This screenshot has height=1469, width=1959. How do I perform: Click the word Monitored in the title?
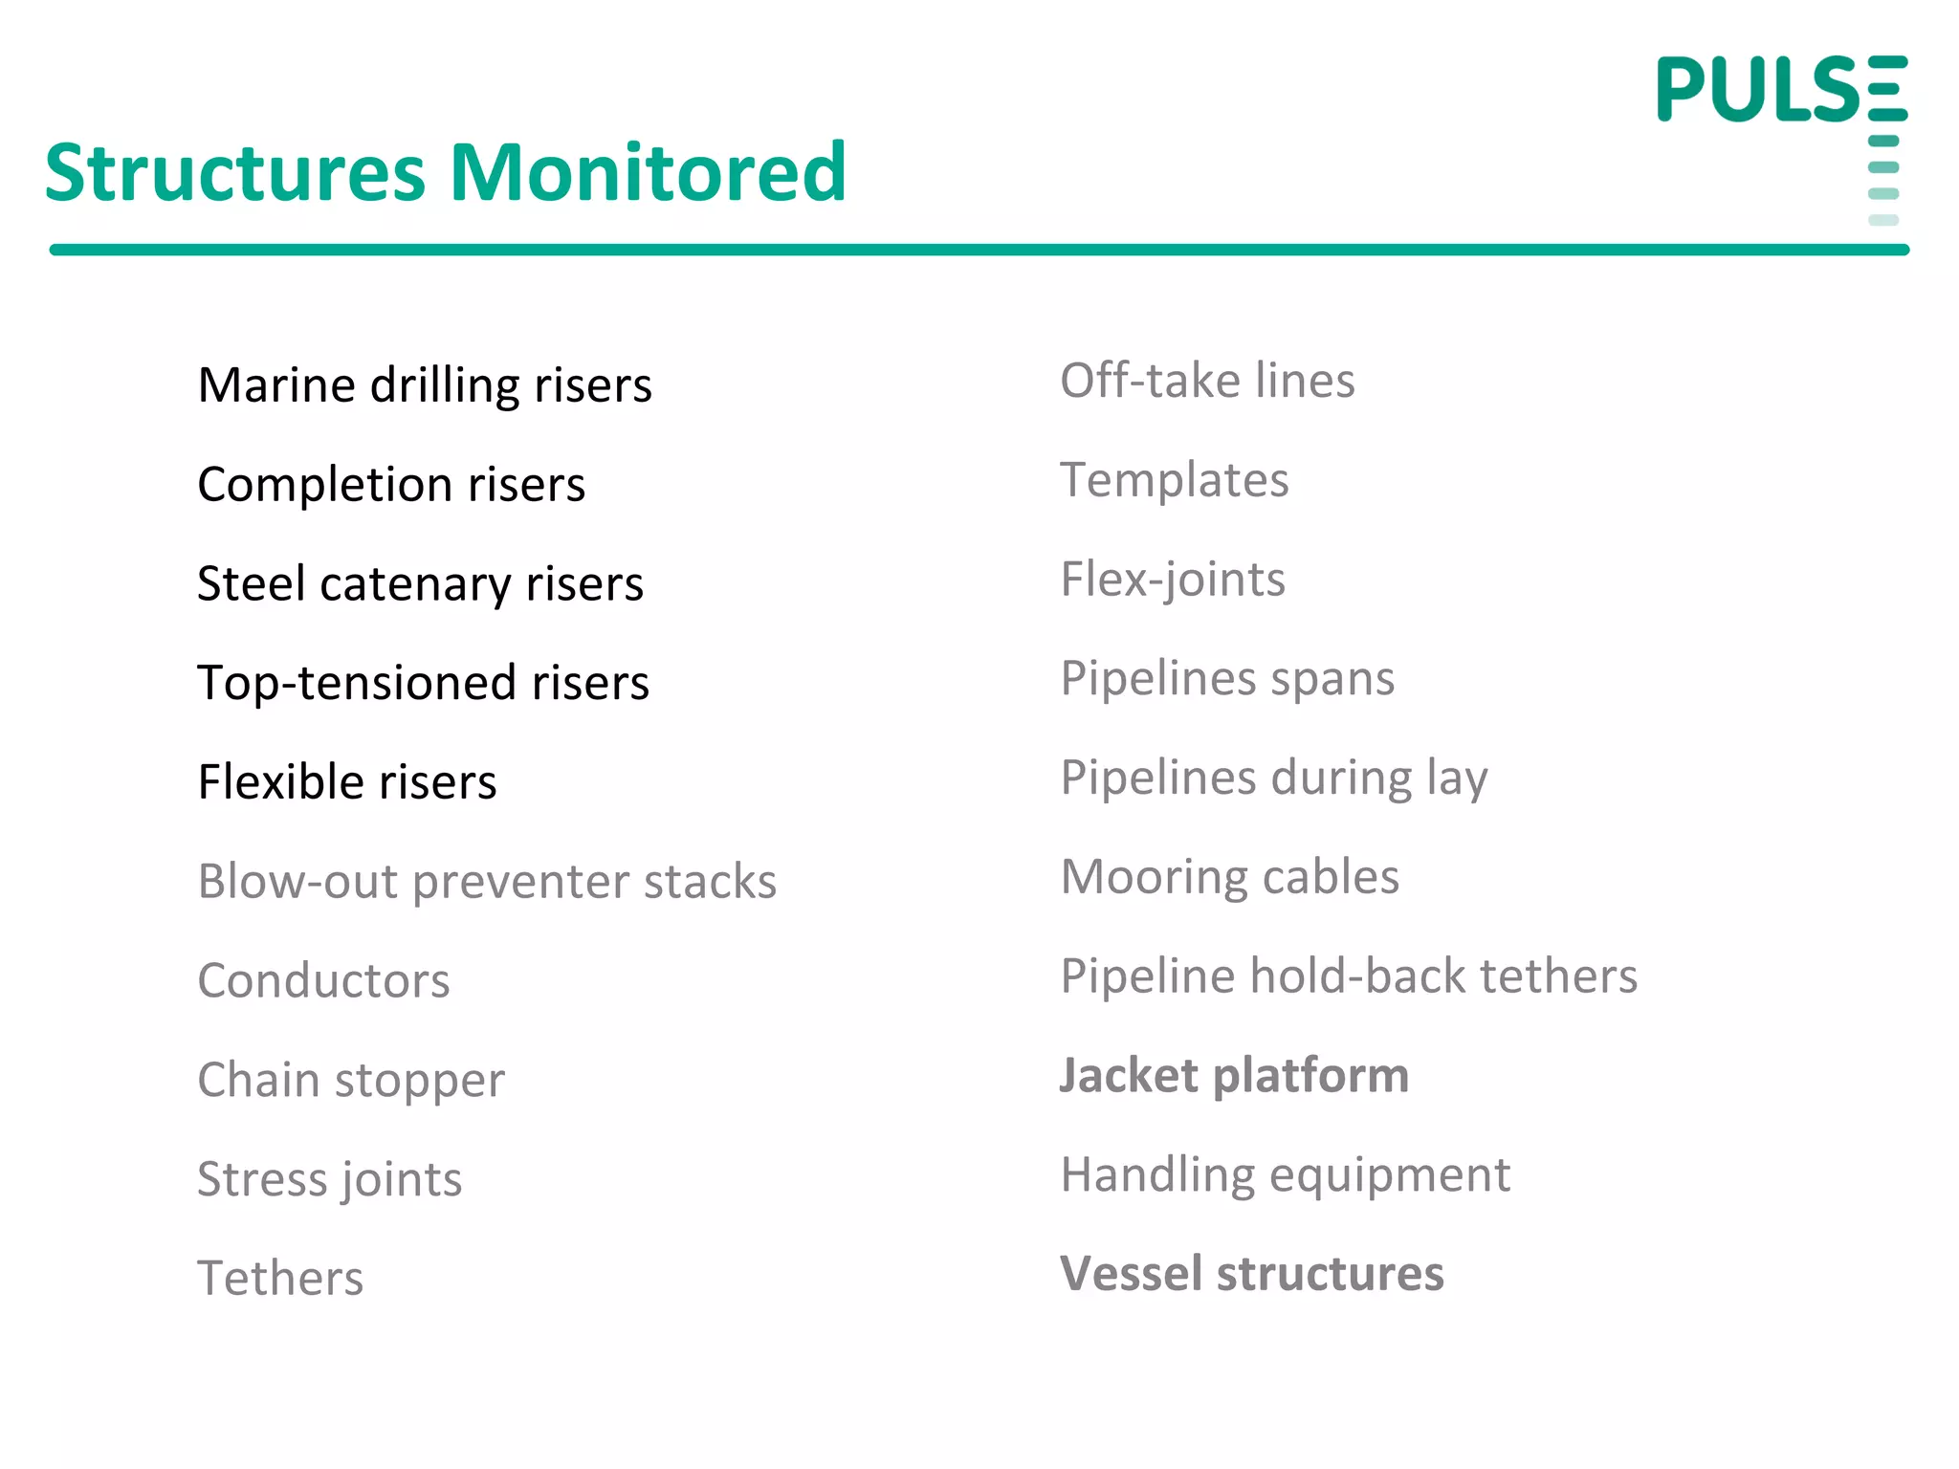pyautogui.click(x=648, y=173)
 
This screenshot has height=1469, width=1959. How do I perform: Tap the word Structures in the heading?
pyautogui.click(x=234, y=173)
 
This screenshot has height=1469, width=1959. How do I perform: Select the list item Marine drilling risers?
pyautogui.click(x=425, y=385)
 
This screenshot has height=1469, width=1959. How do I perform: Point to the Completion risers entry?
pyautogui.click(x=391, y=485)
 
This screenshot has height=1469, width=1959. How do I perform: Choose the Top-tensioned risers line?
pyautogui.click(x=423, y=683)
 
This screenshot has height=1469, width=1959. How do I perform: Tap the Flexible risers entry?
pyautogui.click(x=347, y=782)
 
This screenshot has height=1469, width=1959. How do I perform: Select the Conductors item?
pyautogui.click(x=323, y=981)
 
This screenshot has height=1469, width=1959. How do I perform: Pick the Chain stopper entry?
pyautogui.click(x=351, y=1081)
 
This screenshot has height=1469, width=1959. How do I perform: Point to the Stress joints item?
pyautogui.click(x=329, y=1179)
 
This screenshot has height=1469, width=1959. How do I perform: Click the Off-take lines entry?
pyautogui.click(x=1207, y=381)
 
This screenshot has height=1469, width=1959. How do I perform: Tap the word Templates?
pyautogui.click(x=1175, y=480)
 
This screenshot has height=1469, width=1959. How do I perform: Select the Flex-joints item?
pyautogui.click(x=1173, y=580)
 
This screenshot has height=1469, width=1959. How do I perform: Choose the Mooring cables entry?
pyautogui.click(x=1230, y=877)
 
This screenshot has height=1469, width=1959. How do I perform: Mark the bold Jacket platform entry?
pyautogui.click(x=1234, y=1076)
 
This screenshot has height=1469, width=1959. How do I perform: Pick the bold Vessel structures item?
pyautogui.click(x=1252, y=1274)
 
